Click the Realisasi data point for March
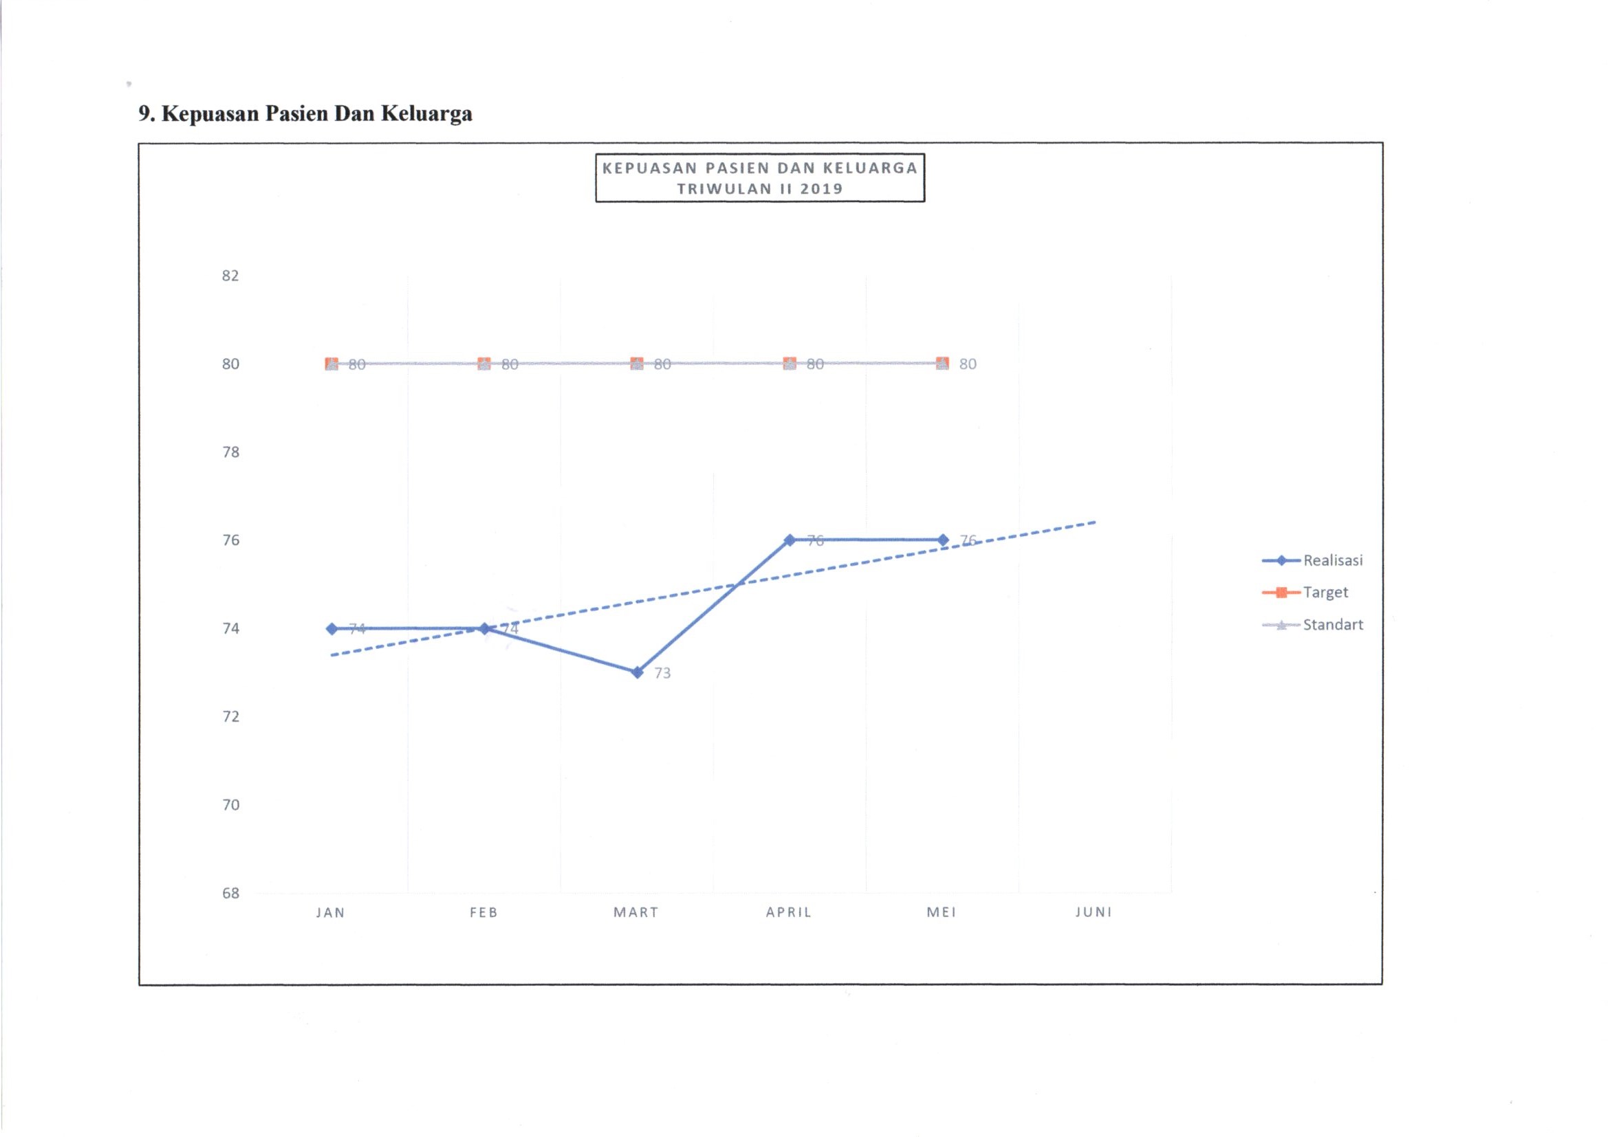[637, 672]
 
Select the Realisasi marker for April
[790, 540]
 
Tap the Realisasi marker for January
[332, 629]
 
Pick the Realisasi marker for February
[484, 629]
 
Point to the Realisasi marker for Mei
[943, 540]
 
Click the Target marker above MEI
[943, 364]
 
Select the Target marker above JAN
[332, 364]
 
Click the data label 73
[662, 674]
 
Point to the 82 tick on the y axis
[230, 276]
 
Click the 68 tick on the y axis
[230, 894]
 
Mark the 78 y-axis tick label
[230, 452]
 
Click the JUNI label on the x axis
[1094, 912]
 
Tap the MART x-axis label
[636, 912]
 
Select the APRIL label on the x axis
[789, 912]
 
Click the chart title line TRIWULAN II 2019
[760, 188]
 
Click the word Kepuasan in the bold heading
[211, 113]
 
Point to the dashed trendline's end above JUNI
[1094, 522]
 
